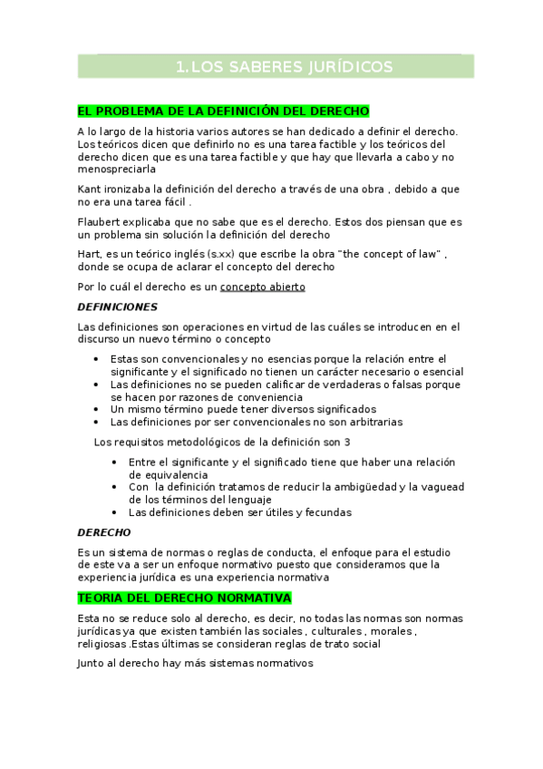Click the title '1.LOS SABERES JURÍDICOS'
point(284,67)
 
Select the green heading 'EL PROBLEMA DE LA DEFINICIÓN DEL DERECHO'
point(223,112)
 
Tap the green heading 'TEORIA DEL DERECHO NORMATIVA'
point(184,599)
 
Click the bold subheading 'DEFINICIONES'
point(117,307)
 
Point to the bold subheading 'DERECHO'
point(103,531)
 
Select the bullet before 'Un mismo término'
point(97,410)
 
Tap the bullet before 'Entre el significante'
point(115,462)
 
